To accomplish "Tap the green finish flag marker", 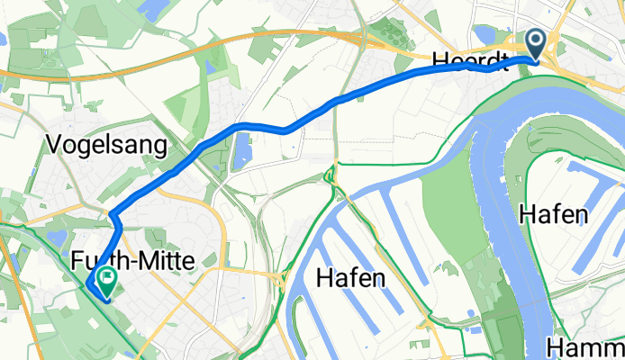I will [x=108, y=283].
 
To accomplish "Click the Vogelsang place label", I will [x=111, y=145].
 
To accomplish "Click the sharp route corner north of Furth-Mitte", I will [x=112, y=214].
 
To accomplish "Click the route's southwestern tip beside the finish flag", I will [x=89, y=285].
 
